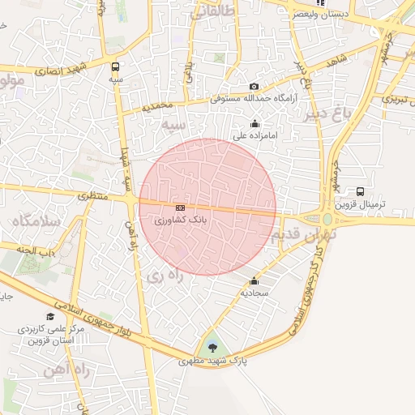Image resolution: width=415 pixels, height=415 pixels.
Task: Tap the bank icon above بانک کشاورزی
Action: [179, 207]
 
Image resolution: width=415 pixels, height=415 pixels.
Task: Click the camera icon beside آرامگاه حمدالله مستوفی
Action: [254, 87]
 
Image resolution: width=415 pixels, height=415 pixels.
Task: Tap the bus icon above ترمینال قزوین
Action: [360, 192]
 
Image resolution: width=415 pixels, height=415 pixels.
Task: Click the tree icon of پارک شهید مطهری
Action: [212, 347]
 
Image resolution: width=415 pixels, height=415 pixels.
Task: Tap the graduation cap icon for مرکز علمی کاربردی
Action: [50, 316]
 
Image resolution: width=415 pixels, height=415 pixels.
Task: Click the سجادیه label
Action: [255, 293]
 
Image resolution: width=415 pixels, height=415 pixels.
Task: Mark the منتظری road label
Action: [92, 197]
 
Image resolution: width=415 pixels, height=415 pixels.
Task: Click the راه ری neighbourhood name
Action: [166, 276]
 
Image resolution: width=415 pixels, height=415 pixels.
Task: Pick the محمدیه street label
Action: [157, 106]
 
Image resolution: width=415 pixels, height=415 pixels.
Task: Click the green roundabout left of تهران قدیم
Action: [327, 220]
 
